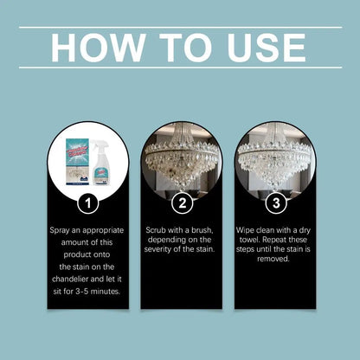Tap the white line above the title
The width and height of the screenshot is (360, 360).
pyautogui.click(x=180, y=27)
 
